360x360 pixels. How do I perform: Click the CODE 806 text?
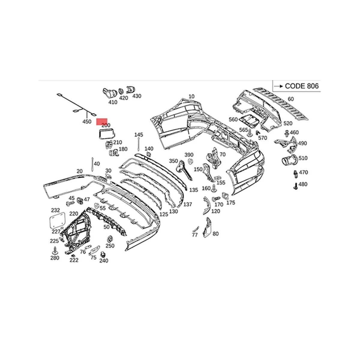(301, 86)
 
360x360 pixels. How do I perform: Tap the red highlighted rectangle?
(102, 121)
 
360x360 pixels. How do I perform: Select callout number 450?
(87, 121)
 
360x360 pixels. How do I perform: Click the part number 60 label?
(290, 99)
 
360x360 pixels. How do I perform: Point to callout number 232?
(55, 210)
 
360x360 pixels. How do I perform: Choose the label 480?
(303, 184)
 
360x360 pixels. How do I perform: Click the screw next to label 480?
(295, 186)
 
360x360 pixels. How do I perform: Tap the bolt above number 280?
(55, 250)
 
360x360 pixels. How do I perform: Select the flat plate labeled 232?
(57, 220)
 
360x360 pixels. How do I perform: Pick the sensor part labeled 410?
(109, 93)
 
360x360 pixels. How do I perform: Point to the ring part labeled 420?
(121, 91)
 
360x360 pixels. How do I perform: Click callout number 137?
(187, 204)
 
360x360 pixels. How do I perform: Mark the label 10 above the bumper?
(191, 96)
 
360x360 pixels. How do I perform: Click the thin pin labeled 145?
(139, 144)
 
